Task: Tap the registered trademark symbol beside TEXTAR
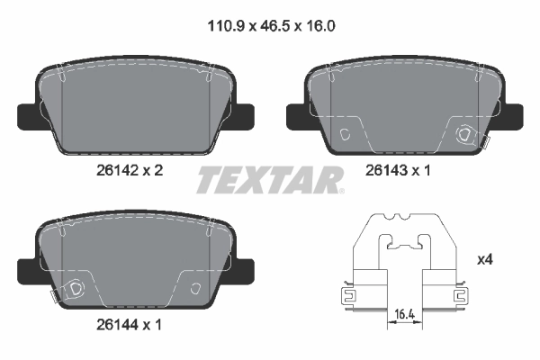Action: pyautogui.click(x=341, y=190)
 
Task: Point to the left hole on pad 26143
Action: pyautogui.click(x=347, y=134)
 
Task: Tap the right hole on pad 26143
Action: pyautogui.click(x=466, y=135)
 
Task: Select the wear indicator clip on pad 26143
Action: pyautogui.click(x=486, y=139)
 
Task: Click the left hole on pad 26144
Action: pyautogui.click(x=76, y=289)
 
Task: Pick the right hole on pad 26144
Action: pyautogui.click(x=195, y=289)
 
